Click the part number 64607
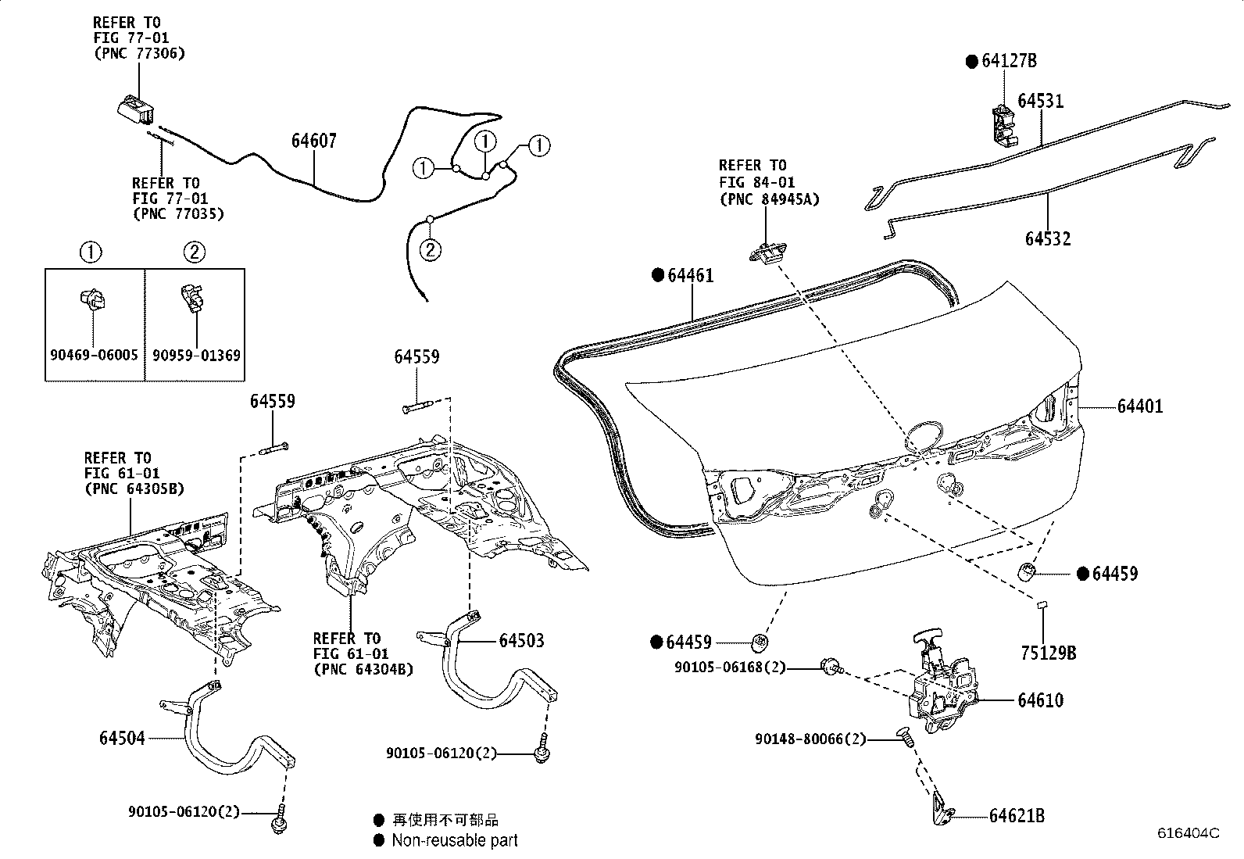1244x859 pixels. [314, 141]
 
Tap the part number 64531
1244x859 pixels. [1040, 102]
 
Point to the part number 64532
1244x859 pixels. [1048, 238]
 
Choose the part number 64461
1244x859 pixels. [690, 276]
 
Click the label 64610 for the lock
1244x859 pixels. [1040, 700]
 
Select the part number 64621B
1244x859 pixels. [1017, 816]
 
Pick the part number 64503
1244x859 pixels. [522, 641]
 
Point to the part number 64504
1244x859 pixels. [122, 738]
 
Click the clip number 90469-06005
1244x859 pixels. [94, 355]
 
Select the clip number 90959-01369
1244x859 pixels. [196, 355]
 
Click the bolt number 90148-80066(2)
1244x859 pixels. [810, 739]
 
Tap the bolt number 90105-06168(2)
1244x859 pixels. [730, 668]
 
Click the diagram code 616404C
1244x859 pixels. [1188, 833]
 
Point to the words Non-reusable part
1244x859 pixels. [454, 841]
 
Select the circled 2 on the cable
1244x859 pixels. [431, 250]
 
